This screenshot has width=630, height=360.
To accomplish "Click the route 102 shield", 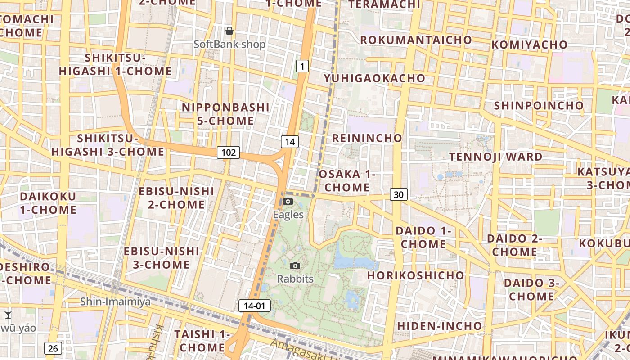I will [x=228, y=153].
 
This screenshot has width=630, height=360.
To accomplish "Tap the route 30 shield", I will [x=398, y=194].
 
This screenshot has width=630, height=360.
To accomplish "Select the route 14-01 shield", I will [x=254, y=306].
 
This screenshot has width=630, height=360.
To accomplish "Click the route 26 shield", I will [x=53, y=348].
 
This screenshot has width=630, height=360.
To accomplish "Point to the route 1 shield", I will [x=302, y=67].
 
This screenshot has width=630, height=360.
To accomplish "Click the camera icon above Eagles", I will [x=288, y=201].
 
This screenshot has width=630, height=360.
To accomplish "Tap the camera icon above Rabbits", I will [x=295, y=265].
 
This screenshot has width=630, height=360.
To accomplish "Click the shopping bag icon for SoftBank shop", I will [x=229, y=31].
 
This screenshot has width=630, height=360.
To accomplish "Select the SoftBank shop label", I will [x=229, y=45].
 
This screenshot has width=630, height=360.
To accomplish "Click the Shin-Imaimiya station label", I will [x=115, y=301].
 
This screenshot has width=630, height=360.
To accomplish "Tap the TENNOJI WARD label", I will [x=496, y=157].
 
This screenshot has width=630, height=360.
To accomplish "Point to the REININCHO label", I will [x=367, y=138].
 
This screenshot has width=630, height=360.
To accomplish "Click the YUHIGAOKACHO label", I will [x=374, y=78].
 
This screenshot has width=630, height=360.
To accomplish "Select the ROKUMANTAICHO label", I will [x=416, y=40].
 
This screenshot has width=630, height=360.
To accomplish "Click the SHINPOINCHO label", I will [x=539, y=105].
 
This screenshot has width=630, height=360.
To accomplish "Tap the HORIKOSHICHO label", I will [x=415, y=275].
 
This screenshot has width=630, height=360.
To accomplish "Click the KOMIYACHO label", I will [x=529, y=45].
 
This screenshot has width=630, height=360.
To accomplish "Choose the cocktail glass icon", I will [x=8, y=314].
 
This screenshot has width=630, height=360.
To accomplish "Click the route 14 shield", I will [x=290, y=142].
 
